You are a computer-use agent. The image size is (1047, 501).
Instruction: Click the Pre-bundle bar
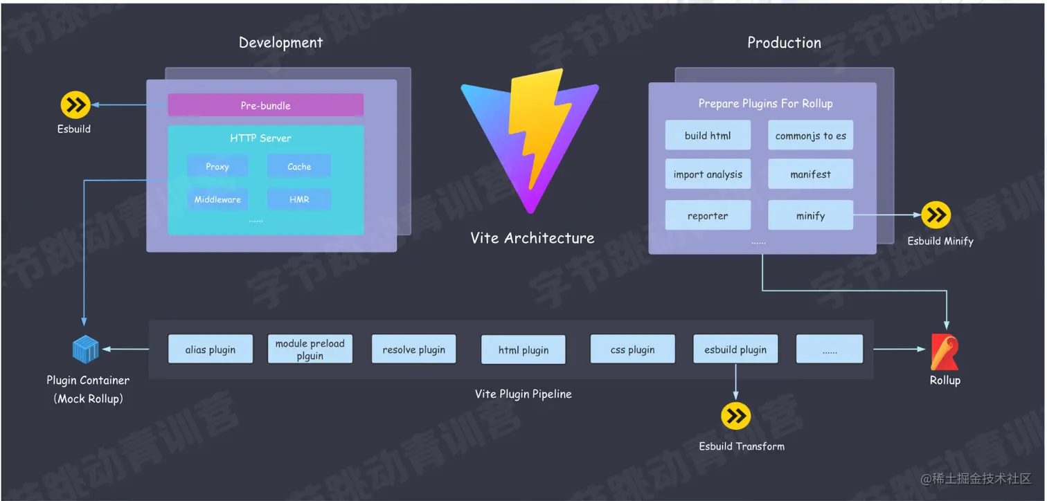coord(265,105)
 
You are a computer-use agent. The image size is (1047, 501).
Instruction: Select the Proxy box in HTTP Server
coord(217,166)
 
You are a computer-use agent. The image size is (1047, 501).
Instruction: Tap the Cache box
coord(299,166)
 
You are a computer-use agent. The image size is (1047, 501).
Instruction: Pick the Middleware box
coord(217,199)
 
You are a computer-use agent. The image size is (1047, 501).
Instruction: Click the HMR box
coord(299,199)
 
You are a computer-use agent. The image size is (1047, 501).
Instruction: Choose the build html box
coord(708,136)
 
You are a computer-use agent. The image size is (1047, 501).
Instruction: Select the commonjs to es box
coord(810,136)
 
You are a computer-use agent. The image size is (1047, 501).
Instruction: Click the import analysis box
coord(708,174)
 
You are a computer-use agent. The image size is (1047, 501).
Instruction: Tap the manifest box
coord(810,174)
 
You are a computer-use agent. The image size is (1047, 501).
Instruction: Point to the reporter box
coord(708,215)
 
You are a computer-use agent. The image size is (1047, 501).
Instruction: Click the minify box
coord(810,215)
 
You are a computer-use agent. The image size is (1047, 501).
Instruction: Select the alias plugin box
coord(211,349)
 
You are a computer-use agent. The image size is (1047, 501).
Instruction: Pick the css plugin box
coord(632,349)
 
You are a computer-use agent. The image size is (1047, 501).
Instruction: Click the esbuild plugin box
coord(735,349)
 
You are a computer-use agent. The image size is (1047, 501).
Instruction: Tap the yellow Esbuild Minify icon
coord(936,215)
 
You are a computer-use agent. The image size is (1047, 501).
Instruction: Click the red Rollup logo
coord(945,352)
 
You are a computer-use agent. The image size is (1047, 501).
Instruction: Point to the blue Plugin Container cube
coord(86,349)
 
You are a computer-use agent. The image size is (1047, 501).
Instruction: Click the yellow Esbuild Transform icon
coord(736,416)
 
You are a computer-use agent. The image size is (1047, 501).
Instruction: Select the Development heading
coord(281,42)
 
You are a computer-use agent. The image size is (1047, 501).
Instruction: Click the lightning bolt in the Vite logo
coord(537,126)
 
